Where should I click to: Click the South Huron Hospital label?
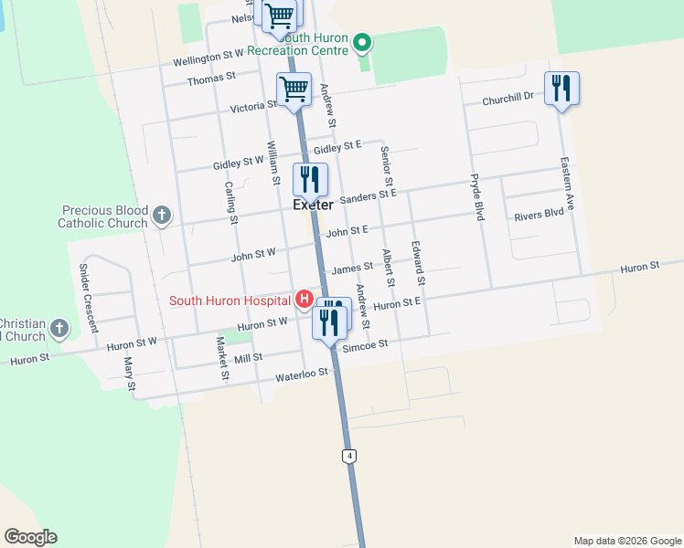pos(229,300)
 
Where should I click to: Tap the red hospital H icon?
pos(303,299)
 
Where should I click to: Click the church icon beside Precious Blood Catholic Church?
pos(162,216)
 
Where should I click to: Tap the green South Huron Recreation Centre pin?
pos(362,41)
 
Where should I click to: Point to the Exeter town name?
pos(312,205)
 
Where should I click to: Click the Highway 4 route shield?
pos(348,455)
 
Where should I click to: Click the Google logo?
pos(30,537)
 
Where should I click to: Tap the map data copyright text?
pos(626,541)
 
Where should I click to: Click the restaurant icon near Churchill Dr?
pos(561,89)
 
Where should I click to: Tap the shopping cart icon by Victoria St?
pos(294,90)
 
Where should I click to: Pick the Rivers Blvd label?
pos(539,216)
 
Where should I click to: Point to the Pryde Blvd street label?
pos(477,197)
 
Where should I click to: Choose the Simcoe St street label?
pos(365,345)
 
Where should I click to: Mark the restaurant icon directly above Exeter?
pos(310,179)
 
